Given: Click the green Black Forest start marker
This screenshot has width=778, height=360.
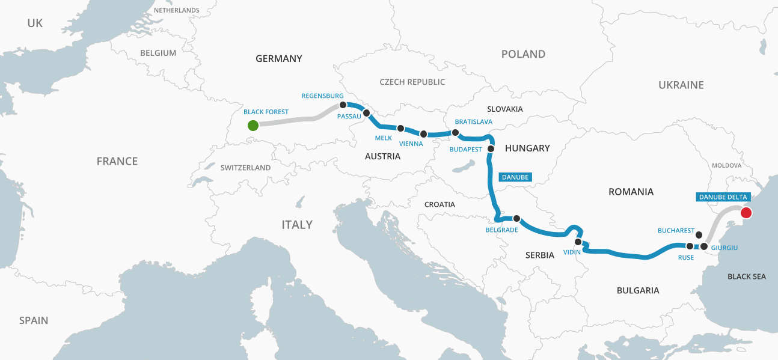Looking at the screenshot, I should (253, 125).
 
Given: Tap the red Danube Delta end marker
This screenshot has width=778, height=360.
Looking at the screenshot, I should (746, 212).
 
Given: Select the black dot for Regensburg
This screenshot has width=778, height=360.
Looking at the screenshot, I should (343, 105).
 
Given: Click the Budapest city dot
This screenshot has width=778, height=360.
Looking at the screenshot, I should (491, 148).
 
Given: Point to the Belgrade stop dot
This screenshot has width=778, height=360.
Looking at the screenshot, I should (516, 218).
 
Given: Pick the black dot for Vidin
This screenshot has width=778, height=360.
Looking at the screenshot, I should (578, 242).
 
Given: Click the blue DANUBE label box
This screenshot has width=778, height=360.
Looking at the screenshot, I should (515, 177).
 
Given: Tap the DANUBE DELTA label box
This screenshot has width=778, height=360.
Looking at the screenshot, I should (722, 197).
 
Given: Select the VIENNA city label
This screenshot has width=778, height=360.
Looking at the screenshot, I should (411, 144).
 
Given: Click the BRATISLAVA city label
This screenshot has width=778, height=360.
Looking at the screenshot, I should (474, 122).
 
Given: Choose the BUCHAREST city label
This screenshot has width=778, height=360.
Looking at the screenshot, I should (676, 230).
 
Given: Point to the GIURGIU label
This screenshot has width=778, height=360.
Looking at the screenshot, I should (724, 247).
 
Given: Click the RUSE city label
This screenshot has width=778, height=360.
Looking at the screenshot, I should (685, 257).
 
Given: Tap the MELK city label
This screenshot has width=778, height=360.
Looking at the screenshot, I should (383, 138).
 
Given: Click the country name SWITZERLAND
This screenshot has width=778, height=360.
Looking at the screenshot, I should (245, 168).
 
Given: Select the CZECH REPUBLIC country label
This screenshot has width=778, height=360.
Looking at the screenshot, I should (412, 82).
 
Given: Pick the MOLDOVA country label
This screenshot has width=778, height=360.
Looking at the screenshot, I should (726, 165).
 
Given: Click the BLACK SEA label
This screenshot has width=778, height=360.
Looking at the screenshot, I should (747, 276).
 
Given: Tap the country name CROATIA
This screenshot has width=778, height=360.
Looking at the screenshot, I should (440, 204).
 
